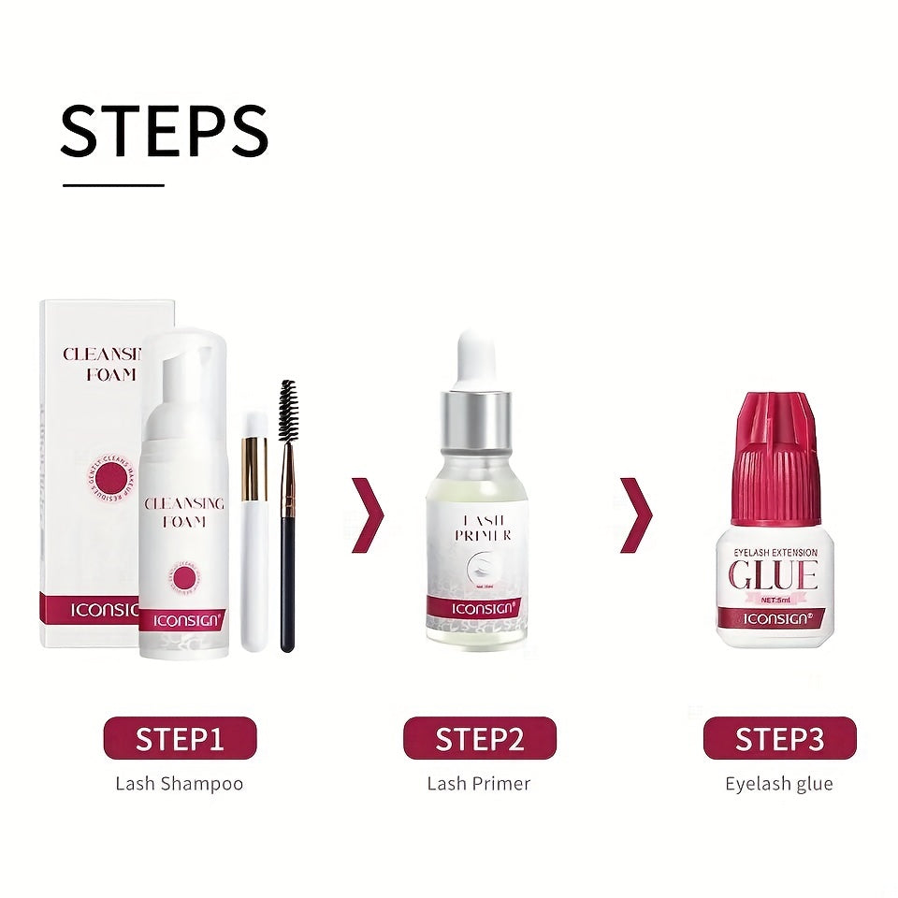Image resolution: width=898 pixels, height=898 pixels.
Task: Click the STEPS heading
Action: click(165, 131)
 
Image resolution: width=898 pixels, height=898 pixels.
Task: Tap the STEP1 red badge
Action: click(180, 738)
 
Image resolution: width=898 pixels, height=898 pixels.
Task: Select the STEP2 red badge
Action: click(479, 738)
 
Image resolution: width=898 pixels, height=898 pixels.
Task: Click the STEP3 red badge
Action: click(779, 738)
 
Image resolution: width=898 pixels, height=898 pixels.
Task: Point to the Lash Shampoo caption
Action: click(179, 783)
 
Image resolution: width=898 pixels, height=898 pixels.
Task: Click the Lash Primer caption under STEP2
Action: click(479, 783)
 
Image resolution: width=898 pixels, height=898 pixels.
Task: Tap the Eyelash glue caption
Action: click(779, 783)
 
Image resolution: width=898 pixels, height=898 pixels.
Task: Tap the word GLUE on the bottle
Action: click(773, 574)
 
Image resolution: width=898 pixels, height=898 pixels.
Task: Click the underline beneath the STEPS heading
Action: click(113, 185)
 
